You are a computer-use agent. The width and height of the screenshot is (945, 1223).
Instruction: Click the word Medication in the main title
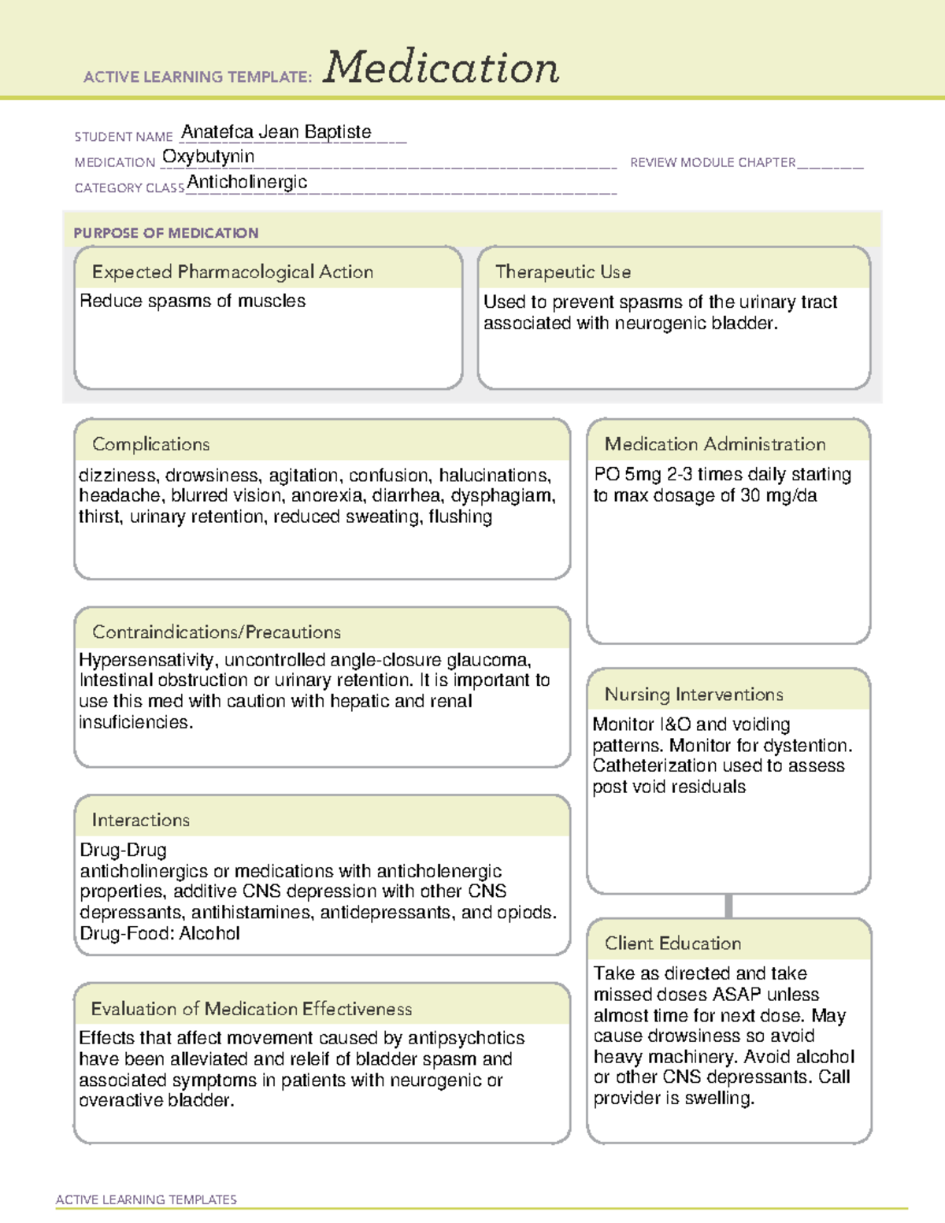(441, 68)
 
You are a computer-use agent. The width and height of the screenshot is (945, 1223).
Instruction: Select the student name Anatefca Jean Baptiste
(276, 132)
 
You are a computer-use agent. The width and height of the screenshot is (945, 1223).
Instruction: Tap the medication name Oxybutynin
(208, 157)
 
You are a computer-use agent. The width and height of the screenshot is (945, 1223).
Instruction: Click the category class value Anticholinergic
(247, 182)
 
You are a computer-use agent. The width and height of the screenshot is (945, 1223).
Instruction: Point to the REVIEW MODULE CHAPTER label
(713, 162)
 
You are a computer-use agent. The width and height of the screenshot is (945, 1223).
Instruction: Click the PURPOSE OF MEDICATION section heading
(166, 233)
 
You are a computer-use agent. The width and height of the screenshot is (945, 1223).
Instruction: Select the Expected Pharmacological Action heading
(232, 272)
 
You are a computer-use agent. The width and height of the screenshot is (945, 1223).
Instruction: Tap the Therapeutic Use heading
(563, 272)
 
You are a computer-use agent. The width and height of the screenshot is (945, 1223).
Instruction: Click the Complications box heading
(151, 444)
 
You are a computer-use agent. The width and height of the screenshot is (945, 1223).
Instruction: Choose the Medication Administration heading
(715, 444)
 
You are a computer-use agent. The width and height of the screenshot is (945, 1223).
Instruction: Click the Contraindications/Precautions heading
(217, 632)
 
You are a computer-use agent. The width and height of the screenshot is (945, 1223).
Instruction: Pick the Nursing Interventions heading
(694, 694)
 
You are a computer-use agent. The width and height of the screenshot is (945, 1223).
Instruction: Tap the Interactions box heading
(141, 820)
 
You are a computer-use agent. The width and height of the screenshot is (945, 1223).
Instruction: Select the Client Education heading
(673, 943)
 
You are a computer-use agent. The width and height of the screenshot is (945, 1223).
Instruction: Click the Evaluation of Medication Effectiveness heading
(251, 1009)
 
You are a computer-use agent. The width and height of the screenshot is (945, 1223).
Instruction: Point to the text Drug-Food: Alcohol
(160, 933)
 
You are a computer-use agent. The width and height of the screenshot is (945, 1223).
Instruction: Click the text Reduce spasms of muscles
(193, 301)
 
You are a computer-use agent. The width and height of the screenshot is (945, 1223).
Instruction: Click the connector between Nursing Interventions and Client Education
(728, 906)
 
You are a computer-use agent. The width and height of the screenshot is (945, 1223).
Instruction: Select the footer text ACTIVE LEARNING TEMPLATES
(146, 1199)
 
